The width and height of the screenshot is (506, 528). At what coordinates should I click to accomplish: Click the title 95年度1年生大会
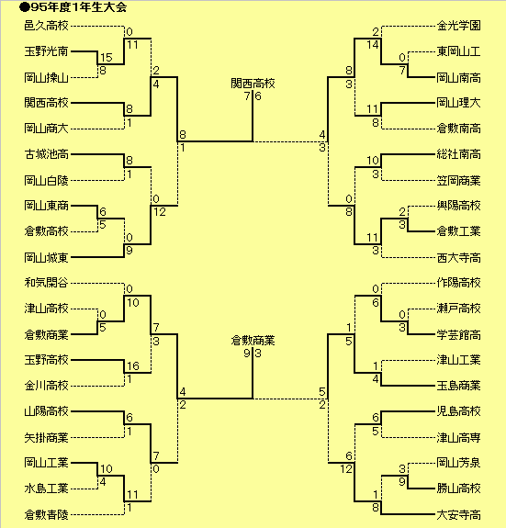coord(78,7)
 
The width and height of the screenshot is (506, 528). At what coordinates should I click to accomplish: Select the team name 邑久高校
coord(47,26)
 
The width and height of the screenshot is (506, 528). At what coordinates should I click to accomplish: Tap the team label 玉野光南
coord(47,51)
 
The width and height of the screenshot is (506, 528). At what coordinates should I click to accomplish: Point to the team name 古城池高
coord(47,154)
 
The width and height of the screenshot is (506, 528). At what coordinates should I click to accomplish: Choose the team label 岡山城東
coord(47,258)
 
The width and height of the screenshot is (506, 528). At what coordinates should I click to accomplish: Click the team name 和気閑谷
coord(47,283)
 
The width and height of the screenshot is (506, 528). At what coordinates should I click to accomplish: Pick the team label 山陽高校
coord(47,411)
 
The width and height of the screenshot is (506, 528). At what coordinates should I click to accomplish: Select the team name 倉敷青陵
coord(47,514)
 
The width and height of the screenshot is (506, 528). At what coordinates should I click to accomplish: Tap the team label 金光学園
coord(458,26)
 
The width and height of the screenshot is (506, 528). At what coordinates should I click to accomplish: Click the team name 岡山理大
coord(458,103)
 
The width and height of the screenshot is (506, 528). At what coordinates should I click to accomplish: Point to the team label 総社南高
coord(458,154)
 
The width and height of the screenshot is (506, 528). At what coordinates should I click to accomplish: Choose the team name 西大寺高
coord(458,258)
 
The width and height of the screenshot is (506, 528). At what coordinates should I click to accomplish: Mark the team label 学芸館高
coord(458,335)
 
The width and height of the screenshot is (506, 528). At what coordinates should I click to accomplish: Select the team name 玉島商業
coord(458,386)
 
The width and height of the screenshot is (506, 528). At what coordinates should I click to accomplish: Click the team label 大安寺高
coord(458,514)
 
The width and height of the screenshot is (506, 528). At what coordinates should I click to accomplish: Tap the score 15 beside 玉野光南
coord(106,58)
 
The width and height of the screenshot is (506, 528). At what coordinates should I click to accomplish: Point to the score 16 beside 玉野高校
coord(133,366)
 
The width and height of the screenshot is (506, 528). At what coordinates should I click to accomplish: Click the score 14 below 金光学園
coord(373,45)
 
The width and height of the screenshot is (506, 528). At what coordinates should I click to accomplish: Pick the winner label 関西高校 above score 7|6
coord(253,84)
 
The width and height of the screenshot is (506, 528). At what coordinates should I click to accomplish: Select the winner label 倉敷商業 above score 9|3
coord(253,341)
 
